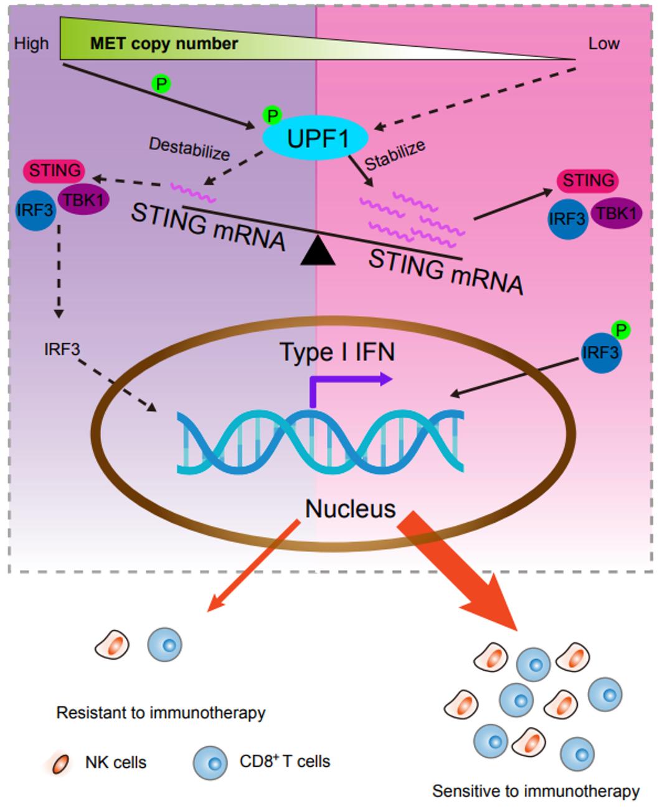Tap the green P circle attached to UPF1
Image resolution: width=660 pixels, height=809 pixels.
coord(272,115)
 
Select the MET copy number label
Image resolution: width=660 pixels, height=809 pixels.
coord(164,44)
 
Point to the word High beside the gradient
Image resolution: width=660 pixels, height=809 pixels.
coord(31,44)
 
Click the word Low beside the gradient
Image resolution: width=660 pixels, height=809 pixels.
coord(603,44)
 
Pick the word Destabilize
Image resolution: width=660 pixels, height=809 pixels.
coord(189,149)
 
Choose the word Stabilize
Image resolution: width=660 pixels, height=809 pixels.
coord(395,155)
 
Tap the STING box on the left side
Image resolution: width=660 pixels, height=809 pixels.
coord(55,170)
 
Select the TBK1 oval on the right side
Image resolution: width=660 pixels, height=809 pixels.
coord(616,213)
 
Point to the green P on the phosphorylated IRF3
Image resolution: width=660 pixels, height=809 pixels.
coord(620,329)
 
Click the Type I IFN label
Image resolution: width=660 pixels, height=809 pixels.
coord(337,352)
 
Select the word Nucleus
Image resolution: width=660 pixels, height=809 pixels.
coord(350,508)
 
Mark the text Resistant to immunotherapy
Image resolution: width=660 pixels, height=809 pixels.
coord(161,713)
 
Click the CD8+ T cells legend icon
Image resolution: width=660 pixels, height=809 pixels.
coord(210,762)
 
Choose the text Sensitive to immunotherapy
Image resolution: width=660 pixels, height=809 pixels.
coord(535,791)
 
